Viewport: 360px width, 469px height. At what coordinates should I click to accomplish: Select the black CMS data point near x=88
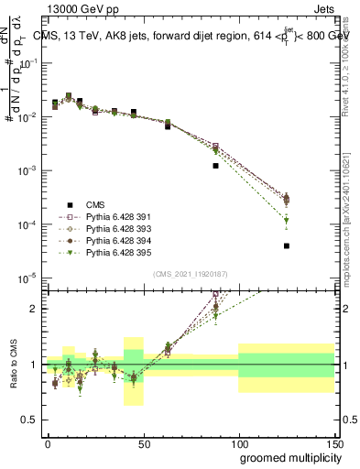pos(215,166)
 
